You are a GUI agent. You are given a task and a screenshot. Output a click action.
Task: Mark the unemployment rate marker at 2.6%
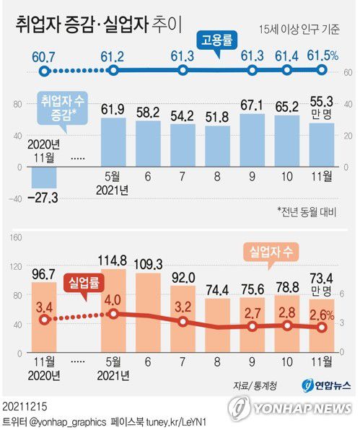click(x=322, y=327)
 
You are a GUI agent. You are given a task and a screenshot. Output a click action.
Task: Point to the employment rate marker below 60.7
click(x=45, y=71)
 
